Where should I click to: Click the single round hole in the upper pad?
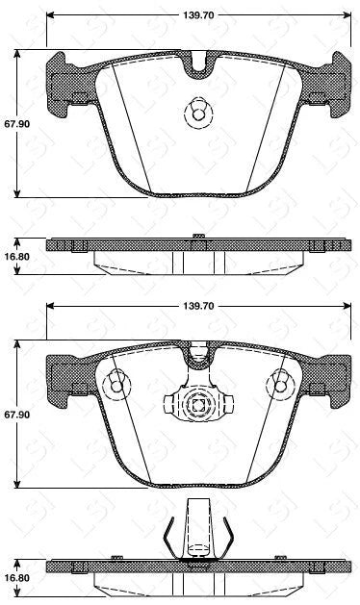pos(197,114)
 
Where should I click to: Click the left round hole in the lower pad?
pos(116,385)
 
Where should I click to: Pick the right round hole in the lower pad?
pos(282,385)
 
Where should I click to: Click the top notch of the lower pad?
pos(198,358)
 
